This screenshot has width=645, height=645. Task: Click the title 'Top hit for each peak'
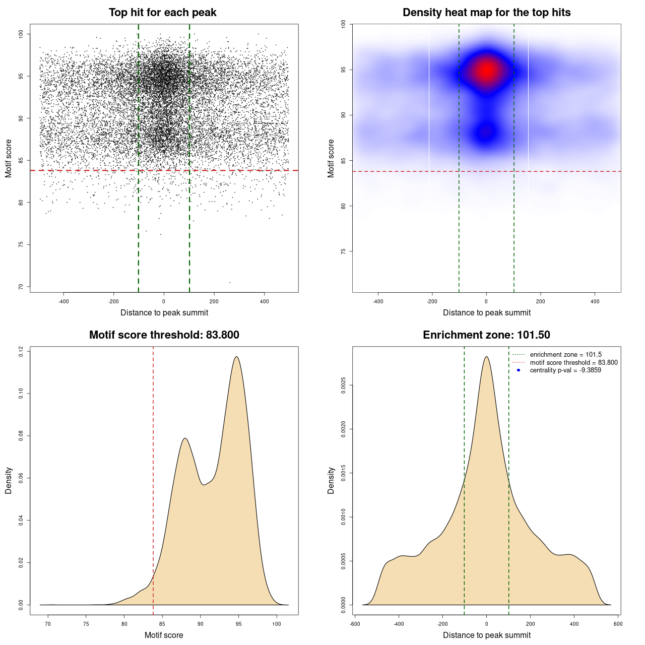(x=163, y=13)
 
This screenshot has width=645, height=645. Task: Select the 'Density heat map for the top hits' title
(x=486, y=13)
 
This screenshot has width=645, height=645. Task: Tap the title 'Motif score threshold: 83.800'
(x=164, y=335)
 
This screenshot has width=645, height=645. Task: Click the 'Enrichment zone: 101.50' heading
(x=486, y=335)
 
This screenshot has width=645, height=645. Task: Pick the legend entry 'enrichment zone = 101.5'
(x=565, y=355)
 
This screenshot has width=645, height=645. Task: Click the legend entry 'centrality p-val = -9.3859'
(x=565, y=370)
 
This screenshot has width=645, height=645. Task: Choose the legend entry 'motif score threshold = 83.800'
(x=573, y=363)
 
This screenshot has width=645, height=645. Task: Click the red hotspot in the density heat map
(x=487, y=71)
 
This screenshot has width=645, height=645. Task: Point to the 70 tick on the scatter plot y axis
(x=21, y=287)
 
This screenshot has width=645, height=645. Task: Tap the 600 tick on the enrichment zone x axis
(x=618, y=624)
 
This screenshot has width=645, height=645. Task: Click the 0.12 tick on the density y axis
(x=21, y=351)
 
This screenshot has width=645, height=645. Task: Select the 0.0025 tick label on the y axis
(x=343, y=385)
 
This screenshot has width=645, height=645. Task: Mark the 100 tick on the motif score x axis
(x=277, y=624)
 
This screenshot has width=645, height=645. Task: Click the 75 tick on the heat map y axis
(x=343, y=251)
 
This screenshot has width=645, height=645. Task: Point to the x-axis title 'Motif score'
(x=164, y=635)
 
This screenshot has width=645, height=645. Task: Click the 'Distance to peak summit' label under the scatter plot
(x=164, y=313)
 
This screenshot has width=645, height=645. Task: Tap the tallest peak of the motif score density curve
(x=236, y=357)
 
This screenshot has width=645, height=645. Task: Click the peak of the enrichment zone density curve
(x=486, y=357)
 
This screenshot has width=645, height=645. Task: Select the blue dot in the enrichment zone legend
(x=519, y=370)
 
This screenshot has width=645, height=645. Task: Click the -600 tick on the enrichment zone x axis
(x=355, y=624)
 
